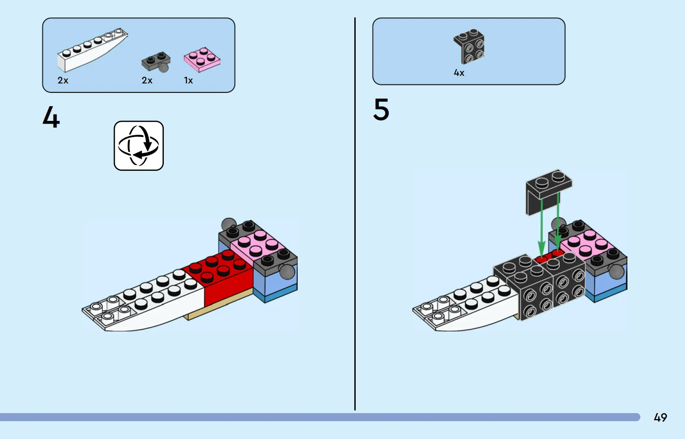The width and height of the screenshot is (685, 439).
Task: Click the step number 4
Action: click(x=51, y=118)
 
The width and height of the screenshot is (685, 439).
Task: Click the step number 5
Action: click(x=381, y=110)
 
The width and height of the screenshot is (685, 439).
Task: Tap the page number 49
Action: click(x=660, y=418)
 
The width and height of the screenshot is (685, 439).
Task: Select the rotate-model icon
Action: click(x=139, y=146)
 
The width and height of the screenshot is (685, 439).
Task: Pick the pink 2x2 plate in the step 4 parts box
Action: click(x=202, y=59)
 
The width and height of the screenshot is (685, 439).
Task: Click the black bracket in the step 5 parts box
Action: click(x=469, y=46)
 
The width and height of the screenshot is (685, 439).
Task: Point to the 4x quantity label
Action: click(x=459, y=73)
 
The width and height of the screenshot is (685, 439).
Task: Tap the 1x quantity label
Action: click(x=188, y=80)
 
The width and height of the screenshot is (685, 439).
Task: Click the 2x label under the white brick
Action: click(x=63, y=80)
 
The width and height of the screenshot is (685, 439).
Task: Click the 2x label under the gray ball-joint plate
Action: click(x=147, y=80)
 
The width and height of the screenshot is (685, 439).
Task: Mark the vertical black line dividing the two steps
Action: click(x=355, y=214)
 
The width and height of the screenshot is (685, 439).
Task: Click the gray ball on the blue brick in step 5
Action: click(x=616, y=271)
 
